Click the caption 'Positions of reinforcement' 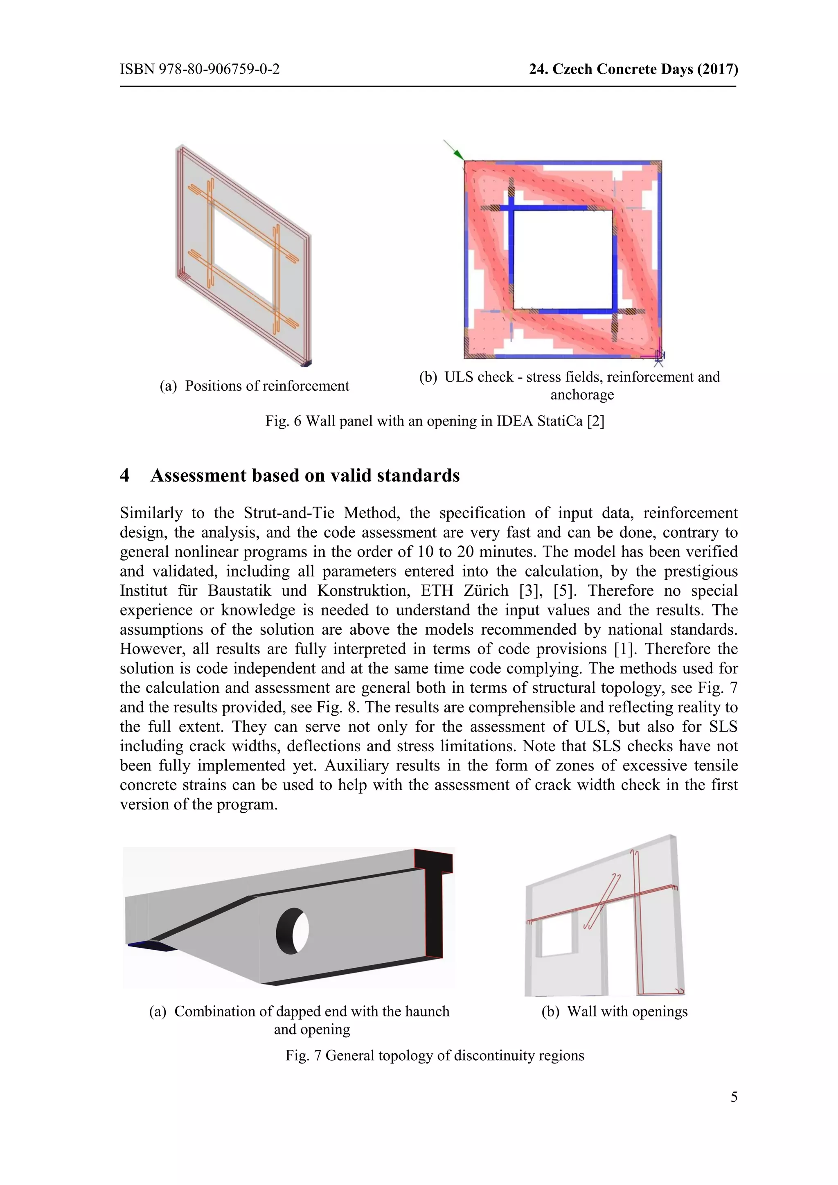267,386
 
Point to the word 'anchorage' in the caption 582,395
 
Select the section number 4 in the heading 124,475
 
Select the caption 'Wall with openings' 627,1012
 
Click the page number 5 734,1097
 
